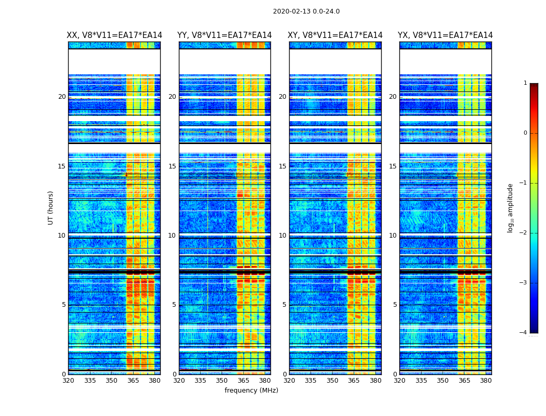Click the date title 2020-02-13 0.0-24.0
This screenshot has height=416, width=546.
pyautogui.click(x=306, y=11)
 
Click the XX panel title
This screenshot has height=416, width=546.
pyautogui.click(x=114, y=35)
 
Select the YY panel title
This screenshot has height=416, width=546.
pyautogui.click(x=225, y=35)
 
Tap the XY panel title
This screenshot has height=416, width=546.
pyautogui.click(x=335, y=35)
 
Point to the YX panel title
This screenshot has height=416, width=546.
pyautogui.click(x=445, y=35)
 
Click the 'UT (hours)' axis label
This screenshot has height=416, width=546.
pyautogui.click(x=51, y=207)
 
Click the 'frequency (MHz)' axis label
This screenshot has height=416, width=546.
pyautogui.click(x=251, y=391)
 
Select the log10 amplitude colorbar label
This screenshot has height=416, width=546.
pyautogui.click(x=511, y=207)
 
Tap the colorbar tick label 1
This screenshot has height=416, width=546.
pyautogui.click(x=525, y=83)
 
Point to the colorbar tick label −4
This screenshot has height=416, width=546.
pyautogui.click(x=524, y=333)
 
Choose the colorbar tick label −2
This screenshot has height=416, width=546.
pyautogui.click(x=524, y=233)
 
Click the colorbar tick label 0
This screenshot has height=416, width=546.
pyautogui.click(x=525, y=133)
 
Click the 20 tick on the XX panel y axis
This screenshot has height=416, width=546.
pyautogui.click(x=62, y=97)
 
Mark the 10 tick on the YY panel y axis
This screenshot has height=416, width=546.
pyautogui.click(x=172, y=236)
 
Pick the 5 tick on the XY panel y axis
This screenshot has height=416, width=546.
pyautogui.click(x=284, y=305)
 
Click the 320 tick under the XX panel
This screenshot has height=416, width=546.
pyautogui.click(x=68, y=381)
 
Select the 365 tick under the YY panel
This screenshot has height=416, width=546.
pyautogui.click(x=243, y=381)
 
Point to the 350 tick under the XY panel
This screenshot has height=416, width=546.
pyautogui.click(x=332, y=381)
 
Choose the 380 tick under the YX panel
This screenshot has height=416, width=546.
pyautogui.click(x=486, y=381)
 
